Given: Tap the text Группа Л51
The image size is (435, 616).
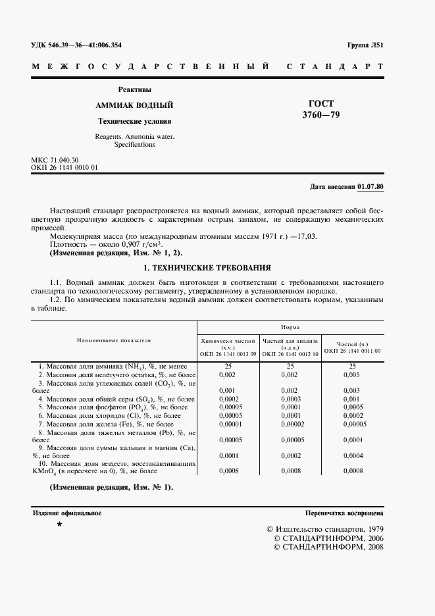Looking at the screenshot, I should tap(365, 45).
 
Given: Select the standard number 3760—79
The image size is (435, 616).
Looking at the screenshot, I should tap(321, 115).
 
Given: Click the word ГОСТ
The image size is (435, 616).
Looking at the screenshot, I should tap(321, 103).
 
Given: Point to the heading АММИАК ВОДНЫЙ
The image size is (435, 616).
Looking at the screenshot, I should tap(134, 105).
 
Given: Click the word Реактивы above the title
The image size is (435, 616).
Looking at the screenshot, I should tap(134, 90).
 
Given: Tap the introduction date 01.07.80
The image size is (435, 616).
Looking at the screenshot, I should tap(371, 187).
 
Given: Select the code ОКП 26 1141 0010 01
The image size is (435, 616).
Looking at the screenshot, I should tap(64, 168).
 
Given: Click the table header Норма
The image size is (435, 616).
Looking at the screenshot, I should tap(291, 326).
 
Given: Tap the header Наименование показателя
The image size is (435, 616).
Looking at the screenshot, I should tap(114, 341).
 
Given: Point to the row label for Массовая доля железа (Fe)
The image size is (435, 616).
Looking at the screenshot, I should tap(109, 424).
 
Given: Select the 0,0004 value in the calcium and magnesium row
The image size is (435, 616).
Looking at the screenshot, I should tap(352, 455).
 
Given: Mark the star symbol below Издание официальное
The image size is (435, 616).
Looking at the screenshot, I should tap(60, 524).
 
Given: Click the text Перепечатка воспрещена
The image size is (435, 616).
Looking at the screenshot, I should tap(344, 513).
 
